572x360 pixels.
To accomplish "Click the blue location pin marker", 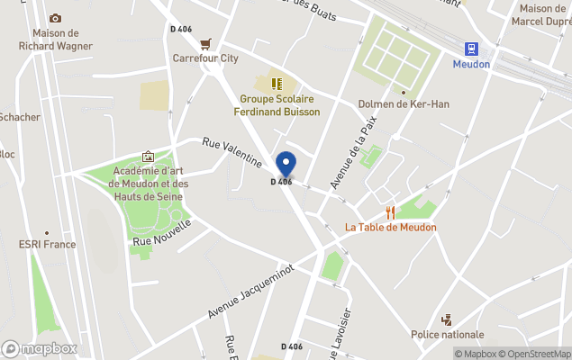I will coord(286,164).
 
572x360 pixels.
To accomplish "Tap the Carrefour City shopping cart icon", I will coord(206,43).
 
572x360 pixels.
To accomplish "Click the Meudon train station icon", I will coord(471,49).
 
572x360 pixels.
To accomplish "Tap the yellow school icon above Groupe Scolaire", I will coord(277,83).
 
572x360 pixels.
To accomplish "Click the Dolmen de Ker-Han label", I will coord(404,104).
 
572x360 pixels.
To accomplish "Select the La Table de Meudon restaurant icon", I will coord(390,212).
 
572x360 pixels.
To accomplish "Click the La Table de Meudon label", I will coord(390,227).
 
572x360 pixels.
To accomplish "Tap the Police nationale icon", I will coord(446,319).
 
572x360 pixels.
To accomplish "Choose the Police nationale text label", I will coord(447,335).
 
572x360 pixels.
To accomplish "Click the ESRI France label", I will coord(47,244).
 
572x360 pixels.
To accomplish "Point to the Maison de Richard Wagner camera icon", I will coord(55,18).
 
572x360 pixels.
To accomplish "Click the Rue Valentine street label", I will coord(232,152).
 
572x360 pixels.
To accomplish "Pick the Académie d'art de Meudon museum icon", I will coord(148,157).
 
